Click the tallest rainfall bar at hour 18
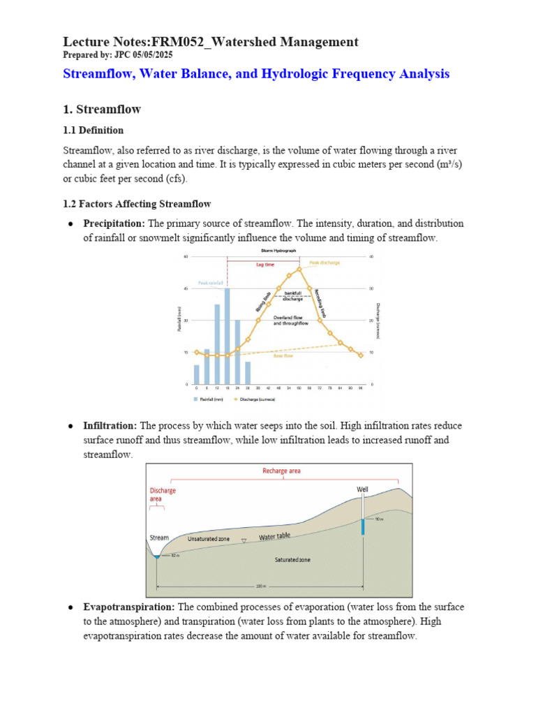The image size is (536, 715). (x=228, y=336)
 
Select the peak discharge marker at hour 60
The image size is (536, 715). (x=299, y=269)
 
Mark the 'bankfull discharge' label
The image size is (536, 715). (x=292, y=297)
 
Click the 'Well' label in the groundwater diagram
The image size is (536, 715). (x=362, y=489)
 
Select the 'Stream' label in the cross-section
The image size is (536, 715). (x=159, y=538)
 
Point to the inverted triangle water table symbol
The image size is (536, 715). (x=243, y=541)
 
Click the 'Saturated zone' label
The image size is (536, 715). (x=292, y=560)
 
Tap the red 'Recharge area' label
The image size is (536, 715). (x=281, y=471)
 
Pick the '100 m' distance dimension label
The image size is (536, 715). (x=261, y=587)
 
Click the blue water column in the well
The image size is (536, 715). (x=363, y=526)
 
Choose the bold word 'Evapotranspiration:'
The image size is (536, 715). (x=129, y=607)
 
